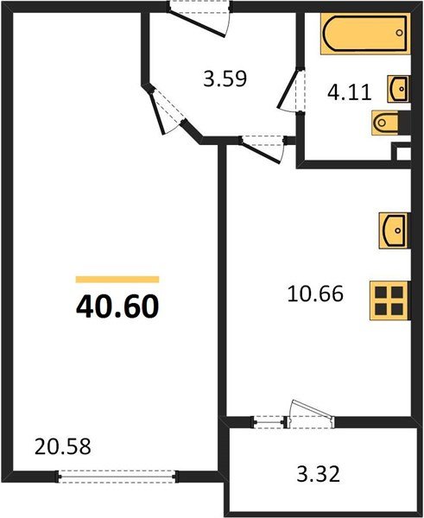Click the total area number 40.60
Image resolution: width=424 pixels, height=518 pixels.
(117, 306)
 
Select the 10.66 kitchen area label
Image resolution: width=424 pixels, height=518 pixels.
(314, 294)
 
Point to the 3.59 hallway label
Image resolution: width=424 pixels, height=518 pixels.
(225, 79)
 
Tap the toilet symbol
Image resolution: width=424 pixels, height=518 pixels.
(385, 124)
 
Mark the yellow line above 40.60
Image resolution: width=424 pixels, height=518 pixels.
(117, 279)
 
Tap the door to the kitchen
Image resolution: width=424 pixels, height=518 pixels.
(263, 148)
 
